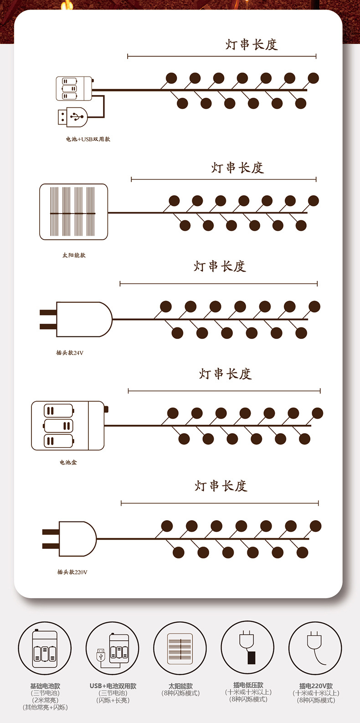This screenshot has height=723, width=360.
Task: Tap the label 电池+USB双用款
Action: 88,139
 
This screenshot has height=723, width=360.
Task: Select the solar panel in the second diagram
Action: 74,212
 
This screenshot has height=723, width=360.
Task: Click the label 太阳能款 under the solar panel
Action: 74,255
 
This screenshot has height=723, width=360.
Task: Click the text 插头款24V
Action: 70,353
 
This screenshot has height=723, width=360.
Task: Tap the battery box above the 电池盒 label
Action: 68,426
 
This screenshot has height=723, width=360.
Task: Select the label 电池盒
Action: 68,462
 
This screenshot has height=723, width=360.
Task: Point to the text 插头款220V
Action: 72,572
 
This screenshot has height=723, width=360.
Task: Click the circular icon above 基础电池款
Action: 45,648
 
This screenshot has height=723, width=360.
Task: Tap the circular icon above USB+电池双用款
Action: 113,648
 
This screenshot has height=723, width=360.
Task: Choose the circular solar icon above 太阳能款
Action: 180,648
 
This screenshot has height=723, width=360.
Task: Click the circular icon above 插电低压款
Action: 247,648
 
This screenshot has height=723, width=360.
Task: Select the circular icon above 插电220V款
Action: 315,648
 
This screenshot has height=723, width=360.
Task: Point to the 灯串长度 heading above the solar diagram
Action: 237,168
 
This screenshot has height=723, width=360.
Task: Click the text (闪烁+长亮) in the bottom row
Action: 113,700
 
